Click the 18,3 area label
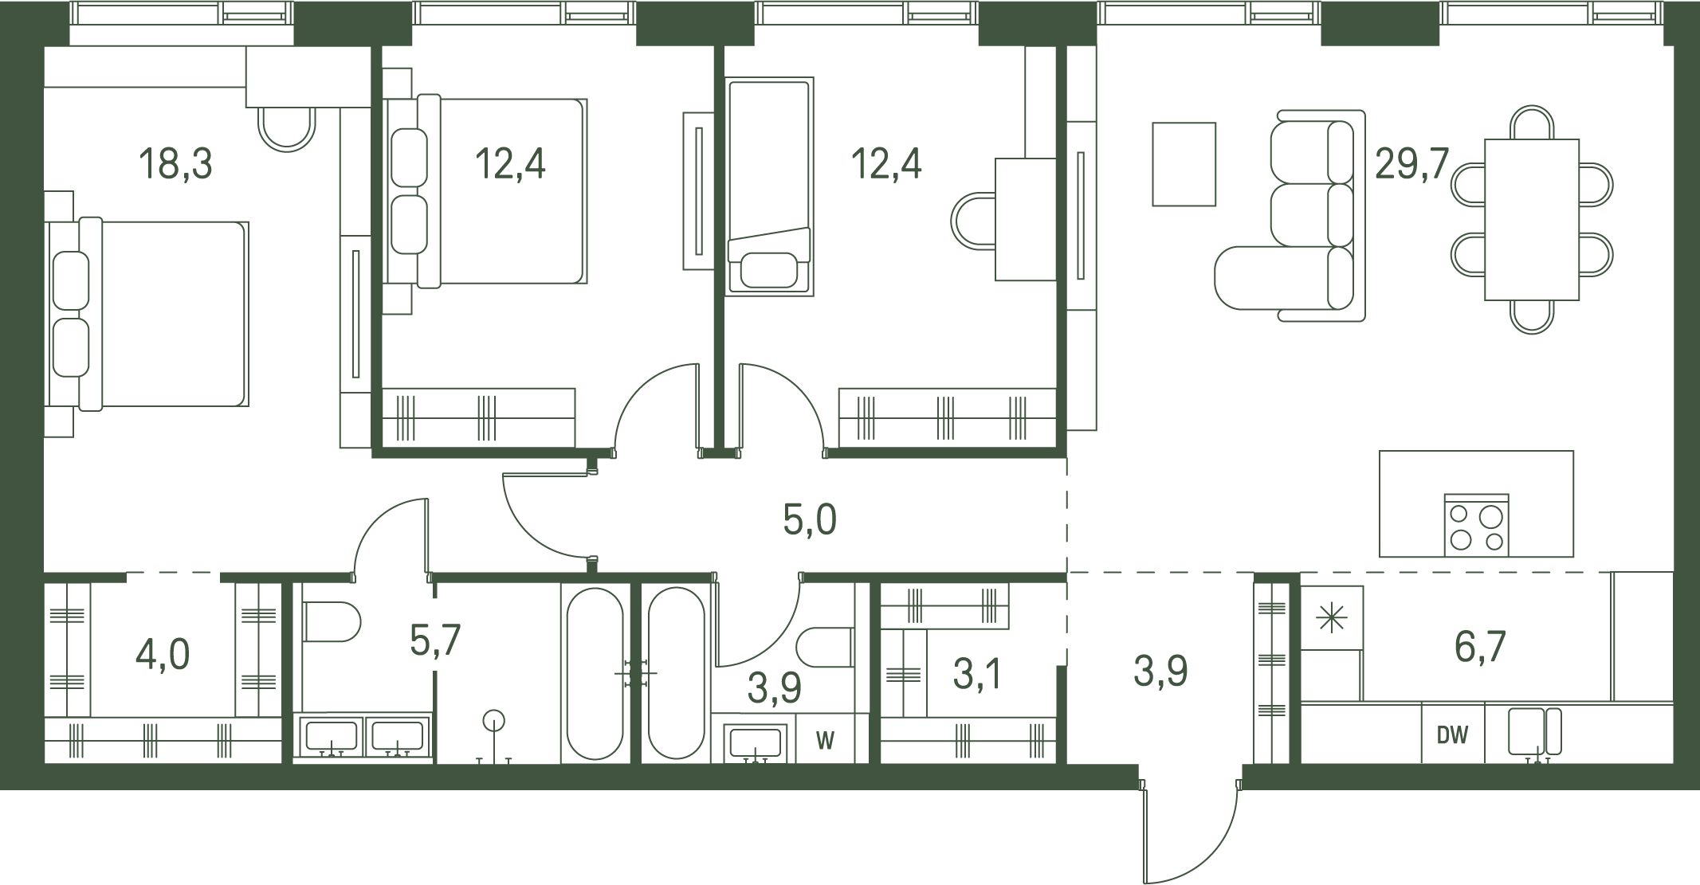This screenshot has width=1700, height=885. coord(175,164)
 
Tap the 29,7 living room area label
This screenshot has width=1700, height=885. coord(1411,164)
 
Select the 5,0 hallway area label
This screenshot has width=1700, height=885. coord(810,519)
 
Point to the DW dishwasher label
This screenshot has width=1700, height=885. coord(1452,735)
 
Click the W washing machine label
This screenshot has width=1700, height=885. coord(825,741)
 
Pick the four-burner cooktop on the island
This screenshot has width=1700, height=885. coord(1476,526)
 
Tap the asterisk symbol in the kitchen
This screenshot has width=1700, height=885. coord(1331,618)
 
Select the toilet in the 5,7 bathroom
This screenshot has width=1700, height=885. coord(332,621)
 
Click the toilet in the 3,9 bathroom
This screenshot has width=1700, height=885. coord(825,647)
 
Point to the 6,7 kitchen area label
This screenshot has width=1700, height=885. coord(1480,646)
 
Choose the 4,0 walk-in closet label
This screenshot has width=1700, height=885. coord(163,655)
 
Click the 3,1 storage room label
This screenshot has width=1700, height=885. coord(977,674)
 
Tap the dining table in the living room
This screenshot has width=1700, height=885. coord(1532,220)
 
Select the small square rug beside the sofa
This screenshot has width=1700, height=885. coord(1184,164)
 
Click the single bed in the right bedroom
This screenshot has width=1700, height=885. coord(769,187)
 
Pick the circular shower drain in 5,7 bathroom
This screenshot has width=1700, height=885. coord(494,721)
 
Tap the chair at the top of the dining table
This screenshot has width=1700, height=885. coord(1532,122)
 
